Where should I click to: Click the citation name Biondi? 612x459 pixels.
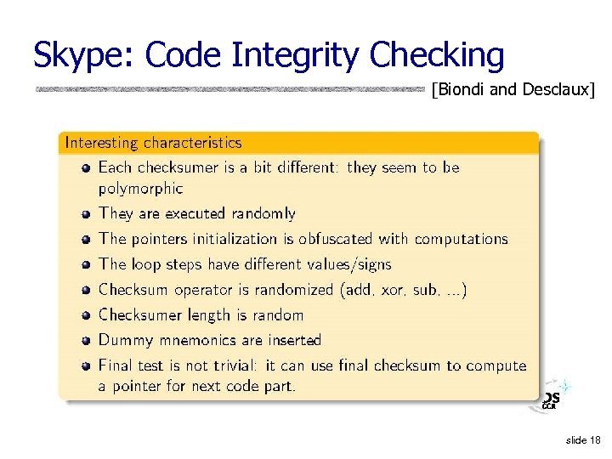click(462, 89)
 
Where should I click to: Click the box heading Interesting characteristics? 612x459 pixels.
click(153, 143)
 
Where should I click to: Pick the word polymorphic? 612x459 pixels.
click(140, 188)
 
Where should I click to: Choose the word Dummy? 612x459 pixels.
click(126, 341)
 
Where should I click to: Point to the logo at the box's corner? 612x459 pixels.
click(551, 398)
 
